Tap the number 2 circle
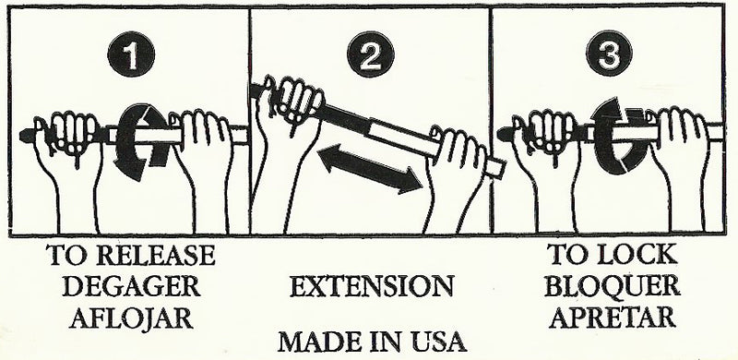[369, 57]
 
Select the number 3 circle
[613, 57]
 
